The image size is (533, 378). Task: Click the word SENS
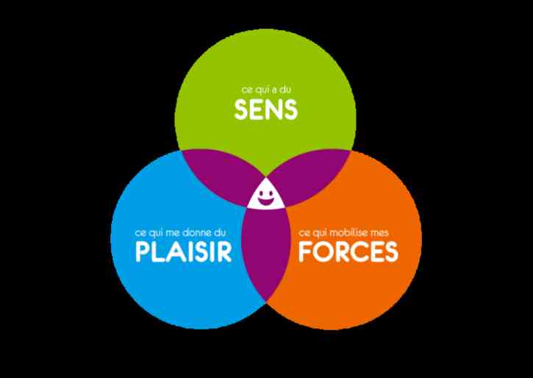click(x=266, y=110)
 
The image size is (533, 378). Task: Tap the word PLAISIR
click(x=184, y=252)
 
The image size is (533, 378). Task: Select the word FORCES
click(x=348, y=252)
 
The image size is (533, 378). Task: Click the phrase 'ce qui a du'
click(x=266, y=90)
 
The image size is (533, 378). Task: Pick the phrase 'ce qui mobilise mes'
click(x=344, y=233)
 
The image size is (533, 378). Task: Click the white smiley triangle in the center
click(x=265, y=196)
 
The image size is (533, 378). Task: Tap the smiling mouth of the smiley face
click(x=265, y=202)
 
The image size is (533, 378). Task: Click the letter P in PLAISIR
click(x=142, y=252)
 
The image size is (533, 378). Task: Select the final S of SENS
click(x=291, y=110)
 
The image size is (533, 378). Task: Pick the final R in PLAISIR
click(x=225, y=252)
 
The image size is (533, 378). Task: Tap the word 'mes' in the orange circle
click(x=381, y=234)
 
